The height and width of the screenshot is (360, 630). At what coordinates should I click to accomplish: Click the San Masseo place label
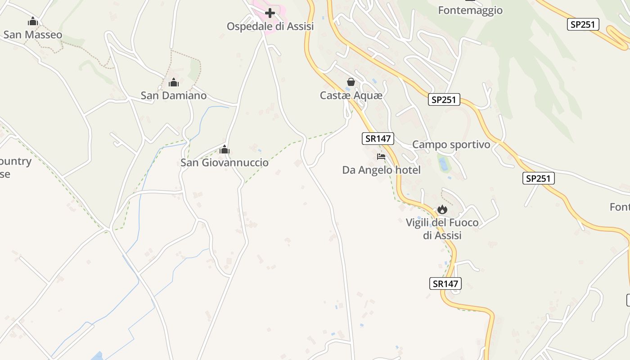[33, 35]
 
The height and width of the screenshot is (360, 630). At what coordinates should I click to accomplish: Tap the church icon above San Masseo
[33, 21]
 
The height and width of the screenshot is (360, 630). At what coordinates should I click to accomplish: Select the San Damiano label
[174, 95]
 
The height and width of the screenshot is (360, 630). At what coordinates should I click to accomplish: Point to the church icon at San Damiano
[174, 82]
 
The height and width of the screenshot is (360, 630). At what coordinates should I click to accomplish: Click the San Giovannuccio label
[225, 162]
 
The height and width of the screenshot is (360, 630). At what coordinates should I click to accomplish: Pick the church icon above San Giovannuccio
[225, 149]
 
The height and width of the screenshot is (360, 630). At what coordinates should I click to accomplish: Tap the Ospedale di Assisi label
[270, 26]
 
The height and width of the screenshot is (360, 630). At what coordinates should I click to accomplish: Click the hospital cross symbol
[270, 13]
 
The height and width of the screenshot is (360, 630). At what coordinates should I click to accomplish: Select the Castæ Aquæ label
[351, 95]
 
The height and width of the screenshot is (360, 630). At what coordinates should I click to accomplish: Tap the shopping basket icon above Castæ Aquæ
[351, 82]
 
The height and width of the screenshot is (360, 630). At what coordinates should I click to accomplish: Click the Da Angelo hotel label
[382, 170]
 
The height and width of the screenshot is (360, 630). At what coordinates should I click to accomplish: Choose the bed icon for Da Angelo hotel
[381, 157]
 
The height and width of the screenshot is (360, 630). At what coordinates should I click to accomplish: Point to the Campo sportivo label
[451, 144]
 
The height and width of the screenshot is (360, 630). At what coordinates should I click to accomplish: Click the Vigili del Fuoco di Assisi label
[442, 229]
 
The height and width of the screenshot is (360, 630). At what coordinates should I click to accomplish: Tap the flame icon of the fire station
[442, 209]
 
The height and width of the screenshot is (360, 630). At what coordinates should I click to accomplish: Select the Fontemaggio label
[470, 10]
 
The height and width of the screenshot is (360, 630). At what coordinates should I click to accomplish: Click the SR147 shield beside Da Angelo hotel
[378, 139]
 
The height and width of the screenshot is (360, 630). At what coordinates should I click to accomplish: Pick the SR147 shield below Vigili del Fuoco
[445, 283]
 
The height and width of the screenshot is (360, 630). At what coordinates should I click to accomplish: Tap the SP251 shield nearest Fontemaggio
[583, 25]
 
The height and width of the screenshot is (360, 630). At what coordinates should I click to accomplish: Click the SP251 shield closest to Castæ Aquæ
[444, 99]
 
